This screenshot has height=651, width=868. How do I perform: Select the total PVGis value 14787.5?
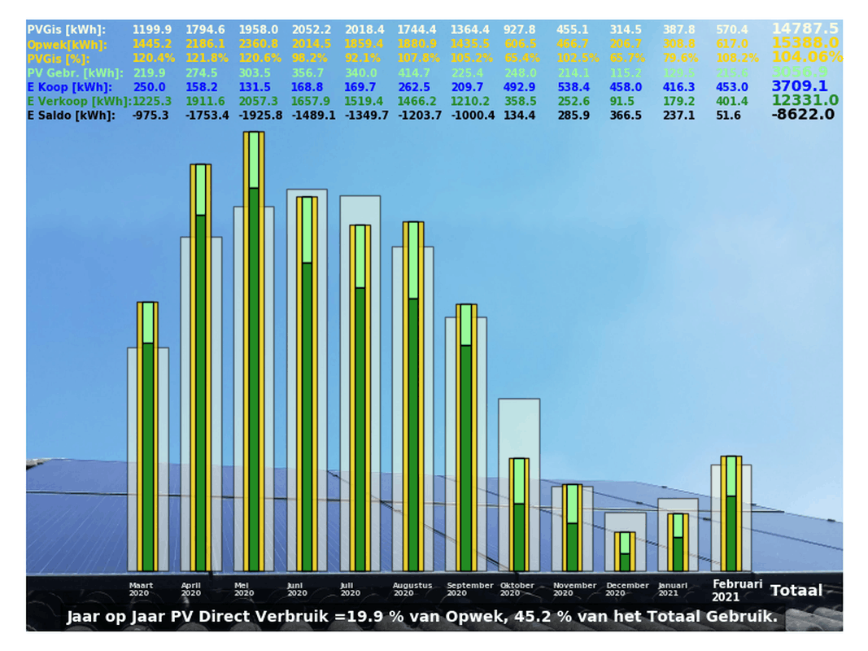(x=805, y=28)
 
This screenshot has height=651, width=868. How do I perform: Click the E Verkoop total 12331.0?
(x=805, y=100)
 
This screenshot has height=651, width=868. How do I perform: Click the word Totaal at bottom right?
(x=796, y=591)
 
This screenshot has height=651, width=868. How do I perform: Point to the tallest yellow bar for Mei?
(x=255, y=350)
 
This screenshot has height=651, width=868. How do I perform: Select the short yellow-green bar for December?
(x=625, y=551)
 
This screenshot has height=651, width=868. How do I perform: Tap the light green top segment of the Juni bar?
(x=308, y=229)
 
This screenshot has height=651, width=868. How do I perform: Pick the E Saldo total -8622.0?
(x=803, y=115)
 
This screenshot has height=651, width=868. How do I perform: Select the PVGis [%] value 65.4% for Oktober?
(x=517, y=58)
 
